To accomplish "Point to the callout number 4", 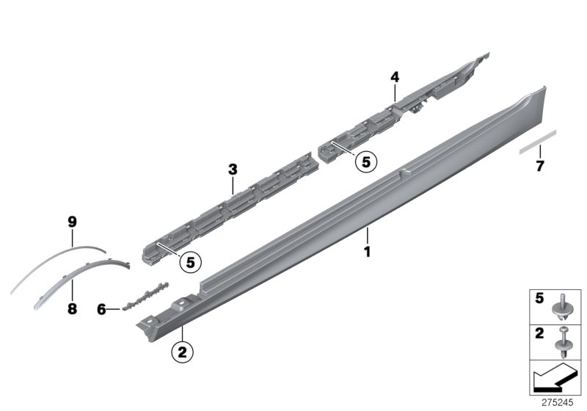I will [394, 76].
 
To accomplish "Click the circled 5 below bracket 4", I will [365, 161].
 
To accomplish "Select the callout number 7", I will [539, 166].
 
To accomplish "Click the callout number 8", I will [72, 309].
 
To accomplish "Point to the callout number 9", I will [72, 221].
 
